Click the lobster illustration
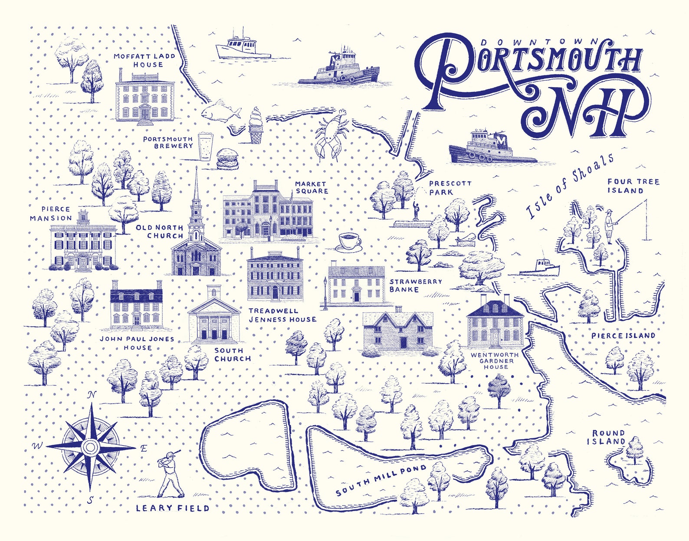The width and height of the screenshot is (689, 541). (x=332, y=135)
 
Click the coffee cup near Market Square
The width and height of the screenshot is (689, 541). (x=349, y=241)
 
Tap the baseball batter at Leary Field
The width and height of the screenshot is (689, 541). (x=171, y=475)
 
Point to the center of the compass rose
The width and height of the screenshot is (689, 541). (x=90, y=446)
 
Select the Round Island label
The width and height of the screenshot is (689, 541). (x=608, y=437)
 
